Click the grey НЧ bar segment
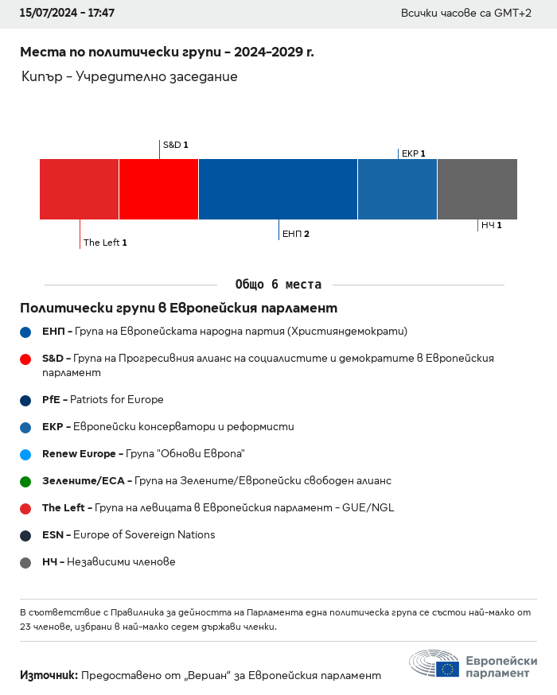tap(477, 189)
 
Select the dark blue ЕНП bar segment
tap(278, 189)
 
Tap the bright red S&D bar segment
tap(158, 189)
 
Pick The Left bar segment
tap(79, 189)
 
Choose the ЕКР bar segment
tap(397, 189)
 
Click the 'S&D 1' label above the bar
tap(175, 146)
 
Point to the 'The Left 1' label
tap(105, 243)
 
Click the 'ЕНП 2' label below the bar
tap(296, 234)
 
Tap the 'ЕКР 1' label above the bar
tap(413, 153)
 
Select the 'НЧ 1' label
tap(491, 225)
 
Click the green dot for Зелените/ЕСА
tap(25, 481)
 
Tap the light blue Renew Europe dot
tap(25, 454)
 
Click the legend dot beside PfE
tap(25, 400)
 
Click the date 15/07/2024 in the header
tap(45, 14)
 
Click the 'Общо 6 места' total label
tap(278, 285)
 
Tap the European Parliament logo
tap(473, 663)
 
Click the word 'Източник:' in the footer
tap(49, 675)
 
